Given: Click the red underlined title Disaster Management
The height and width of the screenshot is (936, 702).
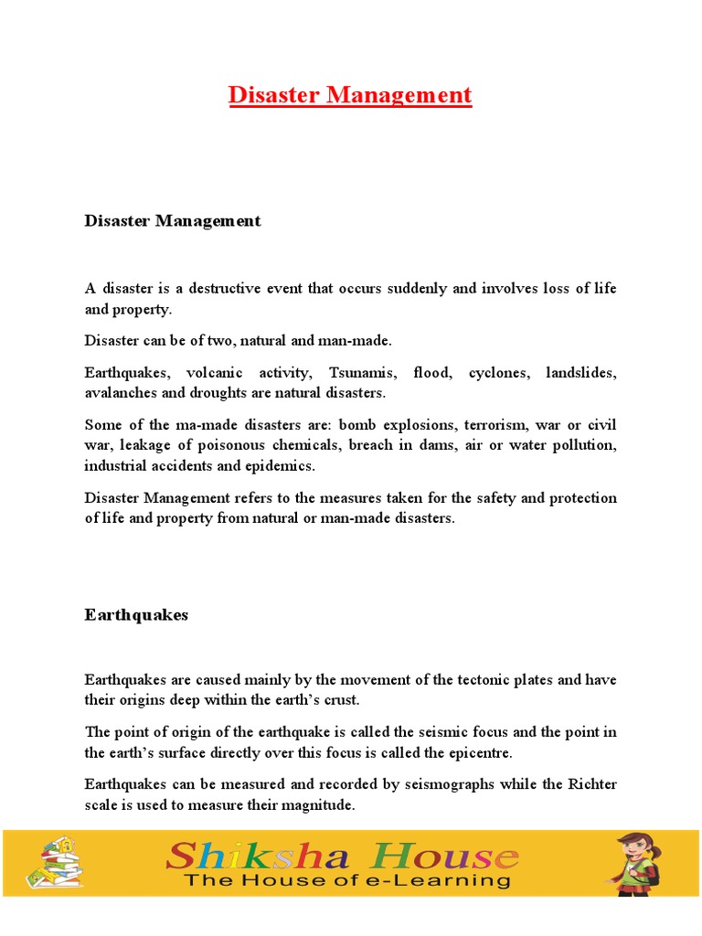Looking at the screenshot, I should (350, 95).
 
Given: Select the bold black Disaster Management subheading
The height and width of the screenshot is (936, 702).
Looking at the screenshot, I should (173, 221).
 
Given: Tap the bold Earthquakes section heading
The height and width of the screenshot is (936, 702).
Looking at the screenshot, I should (136, 615).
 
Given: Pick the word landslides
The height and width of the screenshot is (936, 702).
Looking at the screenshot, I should (580, 374).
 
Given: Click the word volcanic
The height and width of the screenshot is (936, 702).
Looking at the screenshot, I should (216, 374).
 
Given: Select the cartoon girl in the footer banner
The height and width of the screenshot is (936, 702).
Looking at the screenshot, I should (635, 861).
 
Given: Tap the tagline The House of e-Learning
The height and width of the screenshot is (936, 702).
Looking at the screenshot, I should (347, 880).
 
